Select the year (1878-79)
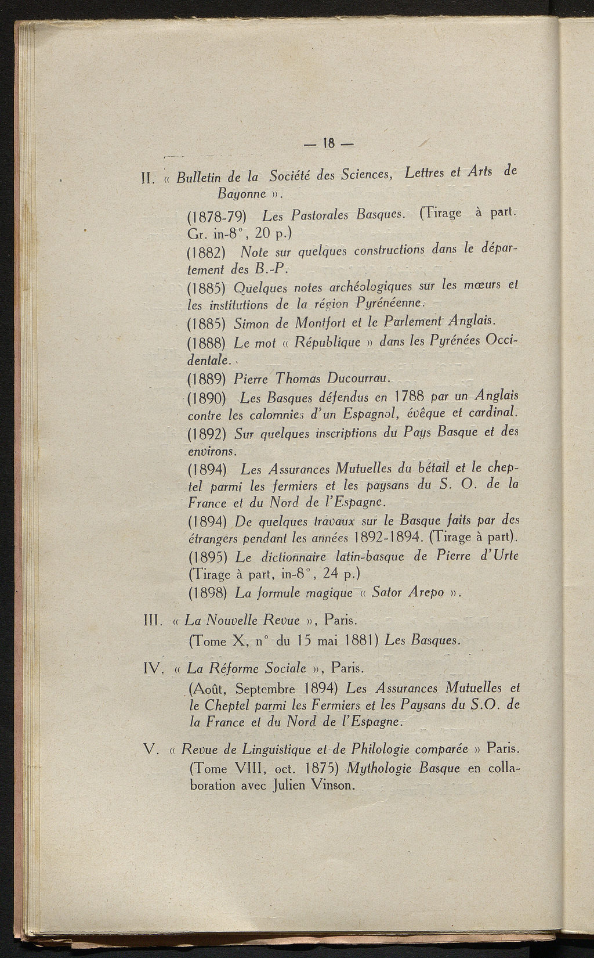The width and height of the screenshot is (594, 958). [218, 217]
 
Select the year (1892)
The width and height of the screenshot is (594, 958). [208, 434]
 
